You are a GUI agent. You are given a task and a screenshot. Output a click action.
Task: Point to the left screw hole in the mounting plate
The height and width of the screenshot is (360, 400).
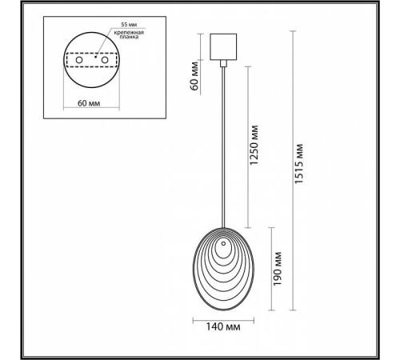click(x=79, y=60)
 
